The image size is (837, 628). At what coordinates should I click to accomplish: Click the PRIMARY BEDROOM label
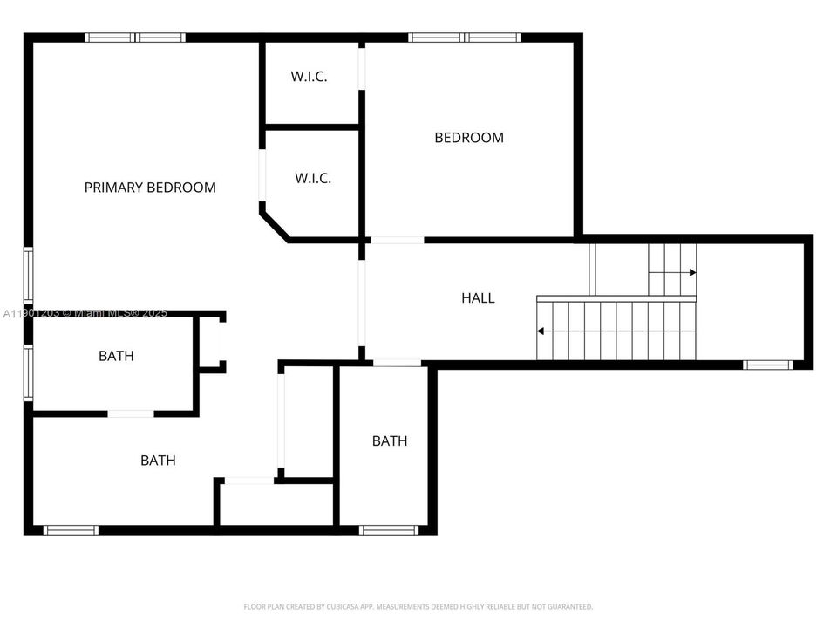tap(150, 188)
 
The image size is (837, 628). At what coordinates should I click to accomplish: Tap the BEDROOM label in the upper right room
tap(469, 138)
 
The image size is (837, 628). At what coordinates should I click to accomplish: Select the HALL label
tap(478, 298)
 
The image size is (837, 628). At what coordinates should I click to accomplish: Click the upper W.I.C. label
tap(309, 77)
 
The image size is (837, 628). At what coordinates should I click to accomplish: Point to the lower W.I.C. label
tap(312, 179)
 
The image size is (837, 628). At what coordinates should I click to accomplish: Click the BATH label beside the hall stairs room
tap(390, 441)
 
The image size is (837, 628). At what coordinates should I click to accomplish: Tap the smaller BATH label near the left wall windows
tap(116, 356)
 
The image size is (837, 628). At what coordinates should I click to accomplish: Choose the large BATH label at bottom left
tap(158, 461)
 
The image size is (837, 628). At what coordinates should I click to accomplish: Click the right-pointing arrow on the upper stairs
tap(692, 273)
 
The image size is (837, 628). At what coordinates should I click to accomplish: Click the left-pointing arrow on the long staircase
tap(541, 331)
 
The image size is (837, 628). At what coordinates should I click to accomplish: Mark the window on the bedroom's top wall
tap(464, 38)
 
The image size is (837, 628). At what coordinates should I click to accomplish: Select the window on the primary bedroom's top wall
tap(135, 38)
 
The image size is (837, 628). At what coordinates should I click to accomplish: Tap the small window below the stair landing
tap(767, 365)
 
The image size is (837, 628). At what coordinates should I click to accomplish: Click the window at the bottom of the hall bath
tap(390, 529)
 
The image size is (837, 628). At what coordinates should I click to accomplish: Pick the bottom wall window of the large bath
tap(71, 529)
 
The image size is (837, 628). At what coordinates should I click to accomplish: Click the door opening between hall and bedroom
tap(398, 240)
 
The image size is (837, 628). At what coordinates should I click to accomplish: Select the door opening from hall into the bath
tap(397, 363)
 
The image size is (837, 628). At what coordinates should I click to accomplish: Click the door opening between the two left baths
tap(131, 413)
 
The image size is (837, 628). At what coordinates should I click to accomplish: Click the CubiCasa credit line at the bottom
tap(418, 606)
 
